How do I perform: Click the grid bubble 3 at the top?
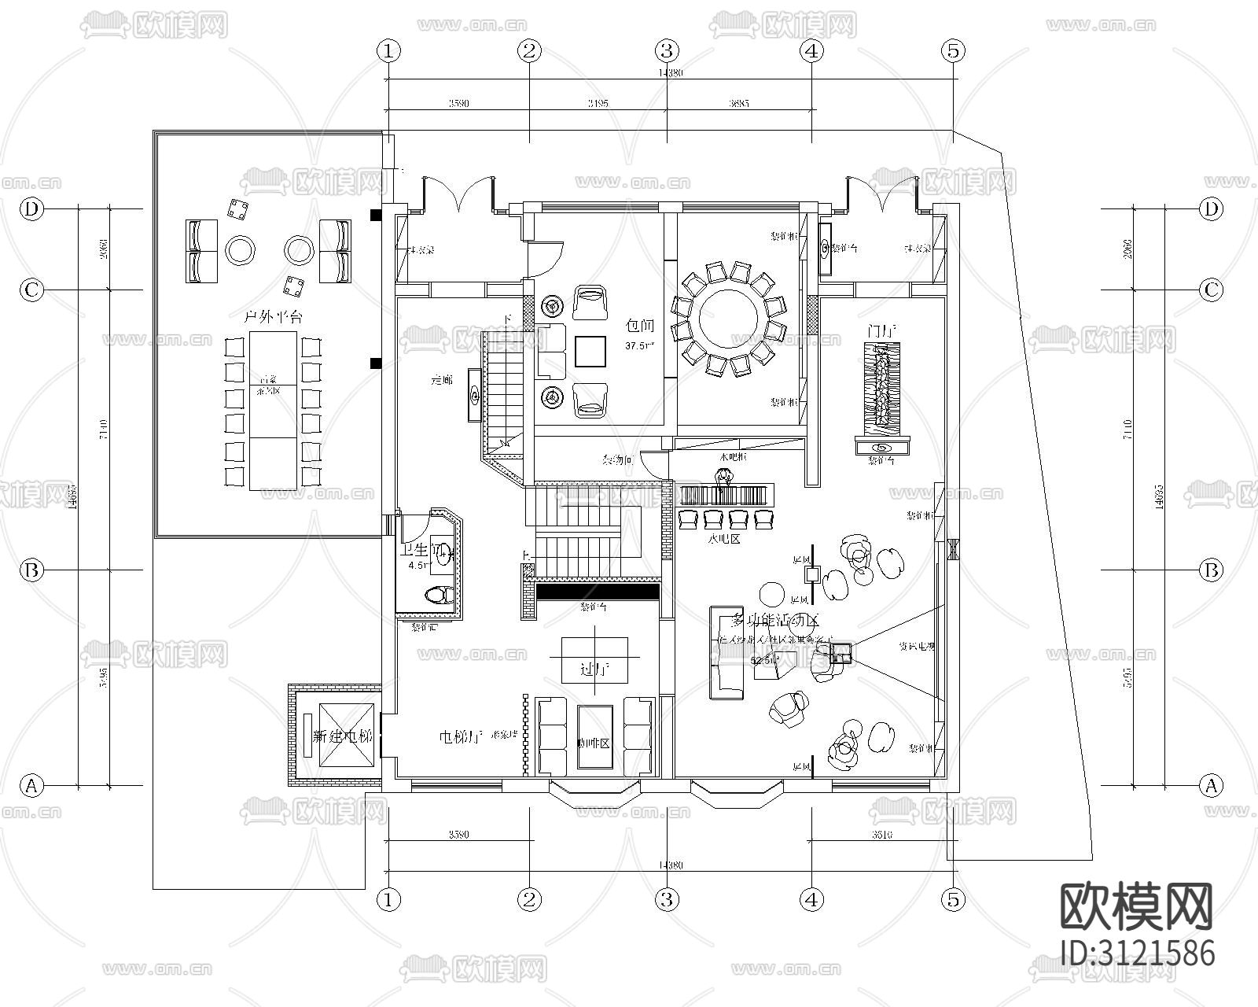(x=667, y=51)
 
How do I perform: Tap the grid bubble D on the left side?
(x=31, y=208)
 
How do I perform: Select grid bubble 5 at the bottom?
(x=953, y=899)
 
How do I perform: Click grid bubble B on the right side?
(x=1212, y=570)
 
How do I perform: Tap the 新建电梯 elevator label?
(x=342, y=737)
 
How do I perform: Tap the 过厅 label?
(x=594, y=670)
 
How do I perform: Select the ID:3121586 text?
(x=1137, y=953)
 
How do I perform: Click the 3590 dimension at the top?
(x=458, y=103)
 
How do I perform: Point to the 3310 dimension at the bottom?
(x=881, y=835)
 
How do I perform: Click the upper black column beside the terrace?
(x=377, y=214)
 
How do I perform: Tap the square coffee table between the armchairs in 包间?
(x=590, y=351)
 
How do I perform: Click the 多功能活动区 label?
(x=775, y=619)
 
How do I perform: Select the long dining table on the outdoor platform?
(x=273, y=410)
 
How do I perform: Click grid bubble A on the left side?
(x=31, y=785)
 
